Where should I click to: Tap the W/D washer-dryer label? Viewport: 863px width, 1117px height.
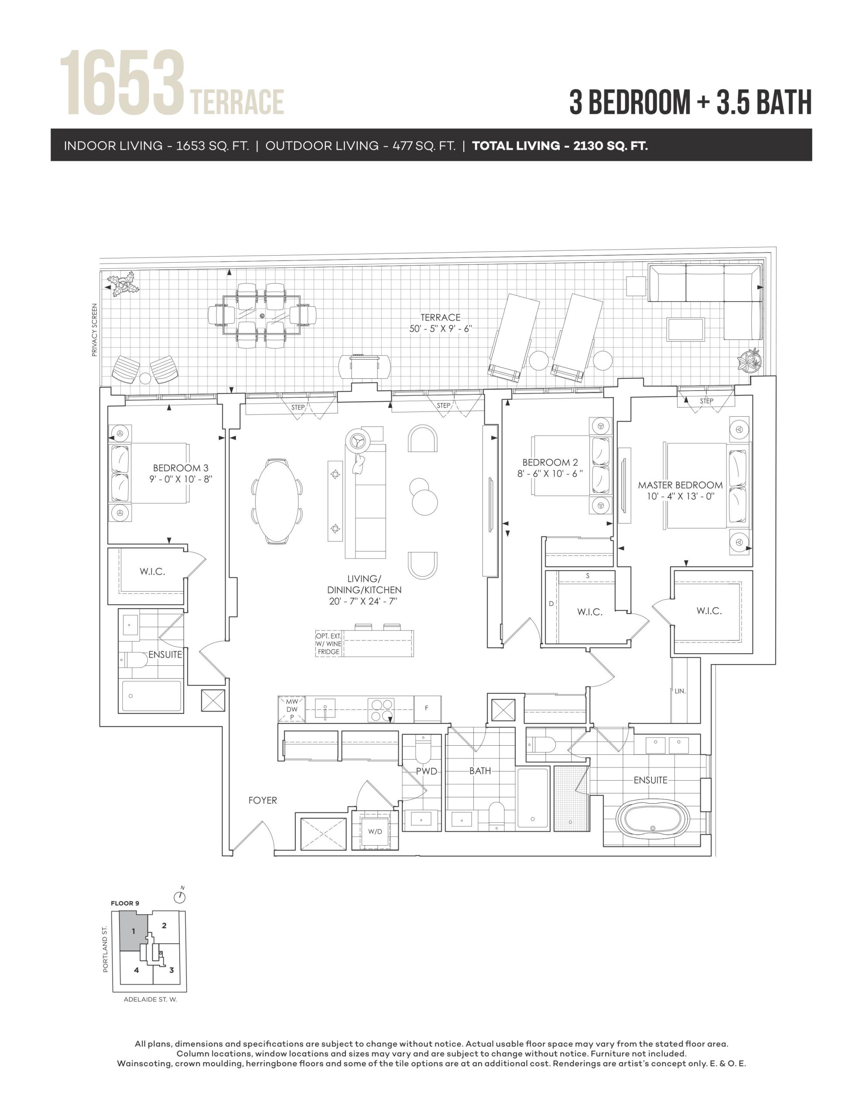375,831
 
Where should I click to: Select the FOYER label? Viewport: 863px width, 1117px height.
262,800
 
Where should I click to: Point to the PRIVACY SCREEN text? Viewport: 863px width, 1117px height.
94,330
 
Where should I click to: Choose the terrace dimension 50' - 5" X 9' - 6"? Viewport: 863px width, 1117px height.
441,329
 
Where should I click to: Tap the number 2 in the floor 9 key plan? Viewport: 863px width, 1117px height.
164,925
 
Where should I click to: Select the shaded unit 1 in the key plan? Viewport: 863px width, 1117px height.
134,932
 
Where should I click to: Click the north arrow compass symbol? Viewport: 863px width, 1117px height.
180,897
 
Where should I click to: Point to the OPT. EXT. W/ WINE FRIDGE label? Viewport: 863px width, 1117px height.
329,644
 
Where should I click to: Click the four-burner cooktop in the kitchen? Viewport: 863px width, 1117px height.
381,710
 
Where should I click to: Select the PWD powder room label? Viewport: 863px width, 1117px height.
426,771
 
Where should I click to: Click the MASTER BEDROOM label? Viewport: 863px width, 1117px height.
680,485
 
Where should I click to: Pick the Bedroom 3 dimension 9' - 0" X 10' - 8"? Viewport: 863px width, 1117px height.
181,479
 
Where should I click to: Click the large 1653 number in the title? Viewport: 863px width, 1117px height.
122,83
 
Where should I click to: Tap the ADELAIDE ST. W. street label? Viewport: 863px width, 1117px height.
151,999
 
